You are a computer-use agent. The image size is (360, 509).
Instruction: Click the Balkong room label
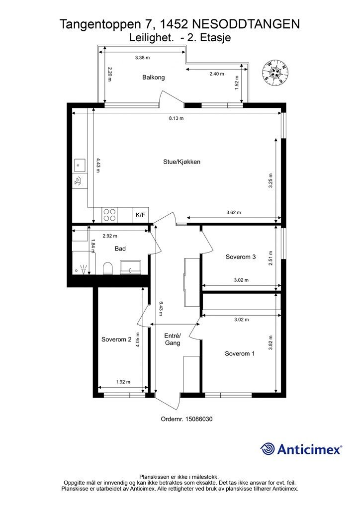coord(153,77)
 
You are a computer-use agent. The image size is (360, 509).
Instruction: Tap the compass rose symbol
coord(275,73)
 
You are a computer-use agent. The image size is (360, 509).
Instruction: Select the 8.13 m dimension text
coord(176,118)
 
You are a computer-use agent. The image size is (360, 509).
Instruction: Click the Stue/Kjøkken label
coord(181,162)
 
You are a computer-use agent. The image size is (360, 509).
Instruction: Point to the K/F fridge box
coord(141,215)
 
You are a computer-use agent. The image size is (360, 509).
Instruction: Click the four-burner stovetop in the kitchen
coord(109,215)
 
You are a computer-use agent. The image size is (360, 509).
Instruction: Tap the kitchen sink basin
coord(80,165)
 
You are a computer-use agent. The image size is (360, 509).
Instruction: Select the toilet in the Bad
coord(107,268)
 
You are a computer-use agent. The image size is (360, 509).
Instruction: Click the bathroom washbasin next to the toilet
coord(130,267)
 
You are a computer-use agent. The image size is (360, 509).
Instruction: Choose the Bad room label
coord(120,249)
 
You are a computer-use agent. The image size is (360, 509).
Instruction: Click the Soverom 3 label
coord(241,257)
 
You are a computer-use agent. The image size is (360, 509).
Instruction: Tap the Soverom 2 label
coord(116,339)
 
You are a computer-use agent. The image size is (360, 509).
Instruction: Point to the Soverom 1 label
coord(240,353)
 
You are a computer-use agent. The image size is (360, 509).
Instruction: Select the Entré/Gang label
coord(173,339)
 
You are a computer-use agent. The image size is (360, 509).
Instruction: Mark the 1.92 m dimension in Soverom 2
coord(123,382)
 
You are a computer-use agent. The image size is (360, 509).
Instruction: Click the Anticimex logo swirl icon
coord(268,449)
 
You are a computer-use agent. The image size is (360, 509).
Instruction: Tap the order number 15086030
coord(199,419)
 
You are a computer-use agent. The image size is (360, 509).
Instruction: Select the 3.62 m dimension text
coord(234,213)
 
